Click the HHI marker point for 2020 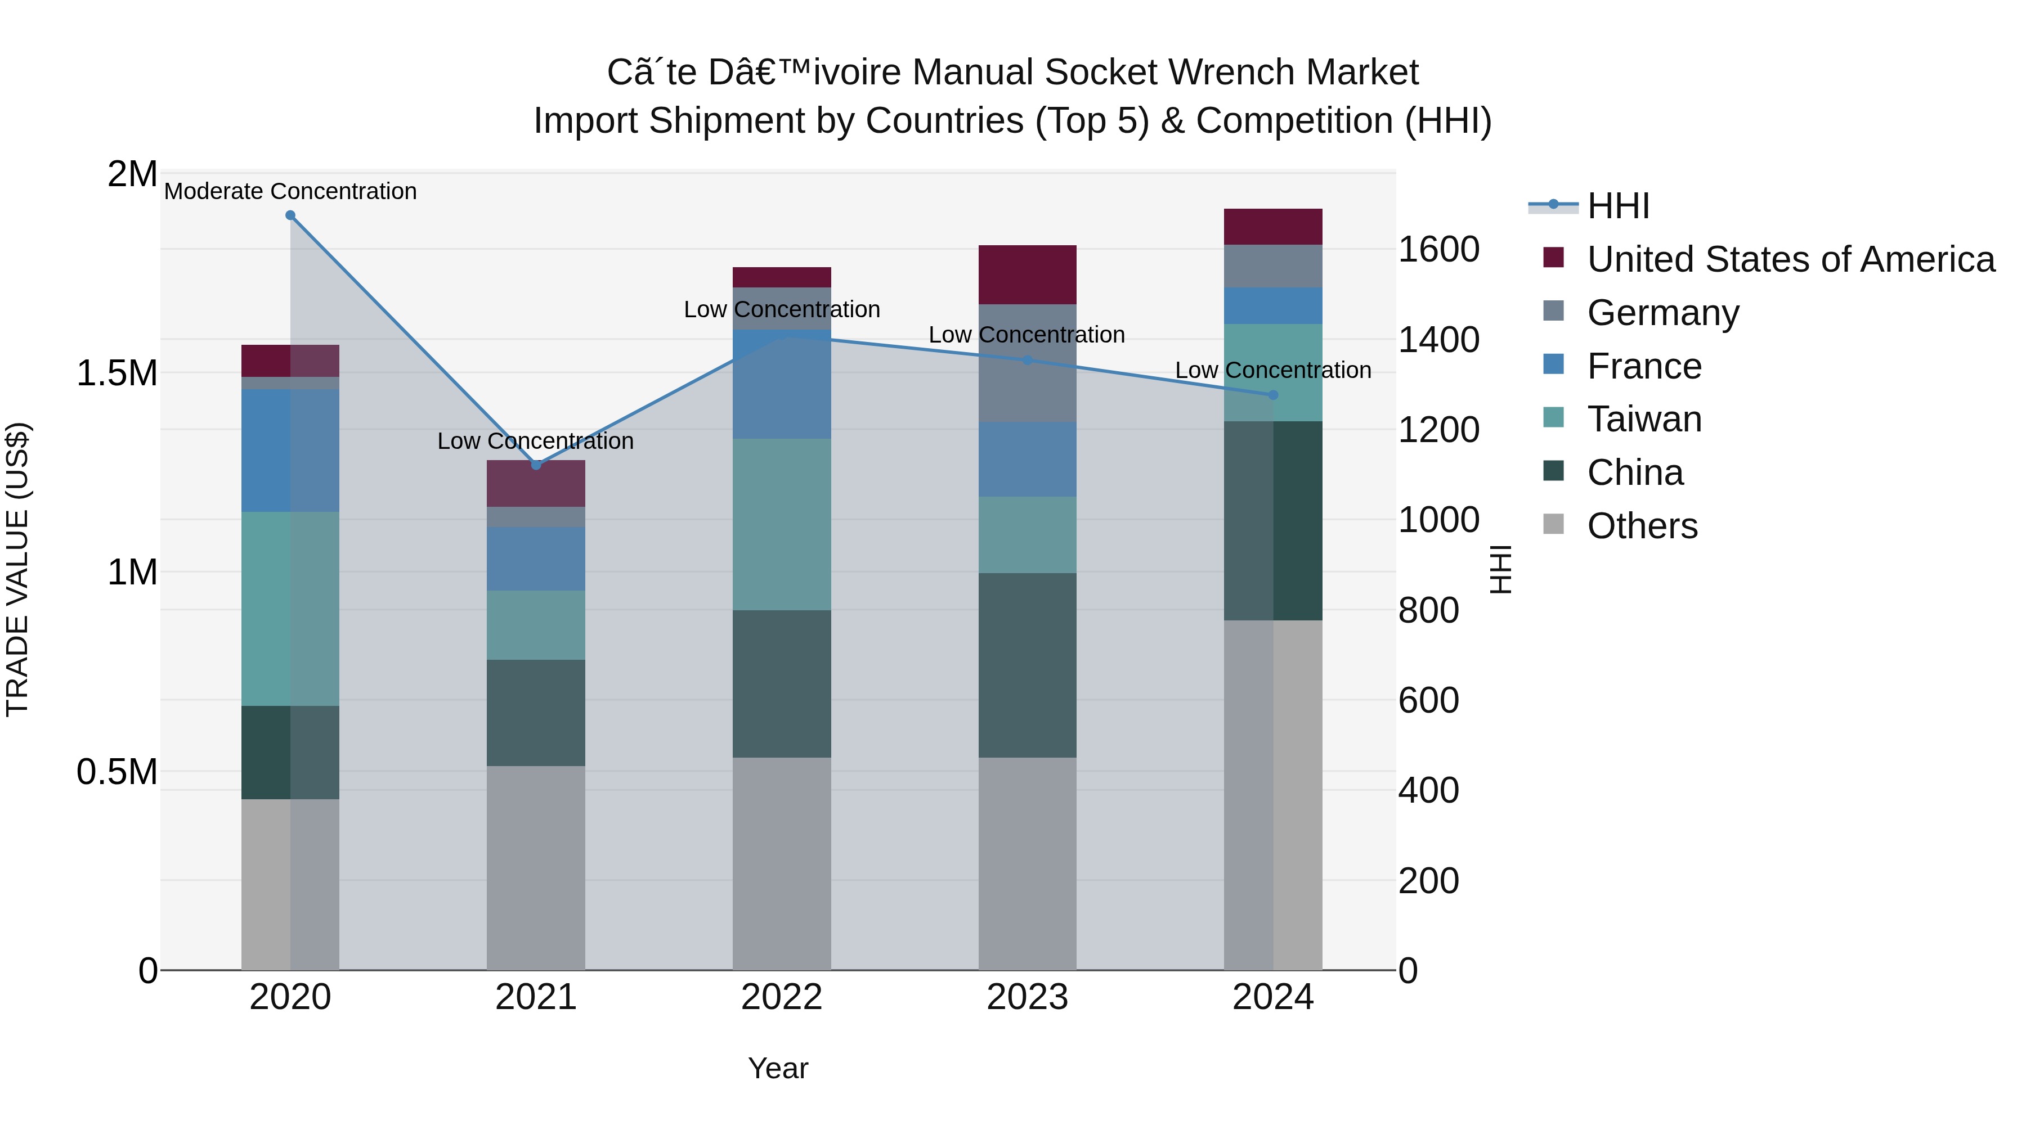coord(290,215)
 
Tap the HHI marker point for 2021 coord(536,465)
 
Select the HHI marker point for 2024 coord(1274,395)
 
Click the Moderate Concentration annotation coord(290,192)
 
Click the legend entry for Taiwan coord(1644,420)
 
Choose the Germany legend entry coord(1662,313)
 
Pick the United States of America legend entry coord(1790,259)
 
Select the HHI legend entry coord(1618,206)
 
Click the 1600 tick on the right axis coord(1438,250)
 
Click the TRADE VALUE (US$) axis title coord(17,569)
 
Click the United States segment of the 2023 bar coord(1027,275)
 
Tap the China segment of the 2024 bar coord(1274,520)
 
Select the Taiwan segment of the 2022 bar coord(782,524)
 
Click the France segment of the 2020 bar coord(290,451)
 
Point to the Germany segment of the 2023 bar coord(1027,363)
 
